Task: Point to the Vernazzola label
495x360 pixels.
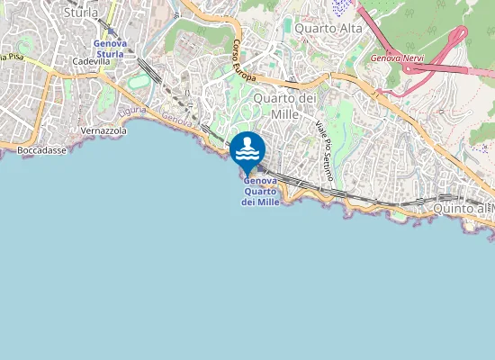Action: pos(103,130)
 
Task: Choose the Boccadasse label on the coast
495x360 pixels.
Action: pos(41,150)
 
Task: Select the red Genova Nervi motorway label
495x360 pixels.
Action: pos(397,58)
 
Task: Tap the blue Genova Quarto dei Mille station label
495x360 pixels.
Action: pos(260,191)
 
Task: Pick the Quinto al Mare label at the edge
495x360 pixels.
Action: pos(463,209)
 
